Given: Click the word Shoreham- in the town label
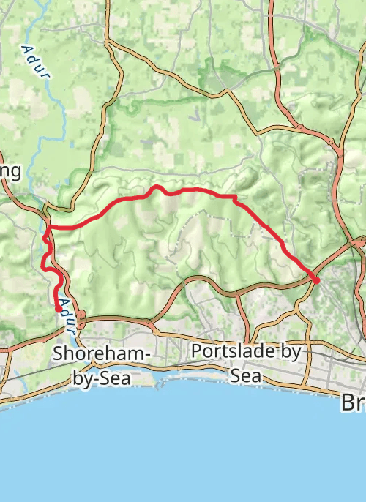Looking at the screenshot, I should point(101,355).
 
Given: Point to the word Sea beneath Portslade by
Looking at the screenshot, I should point(244,375).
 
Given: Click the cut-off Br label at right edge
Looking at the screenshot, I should point(354,402).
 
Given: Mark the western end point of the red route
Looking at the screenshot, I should point(58,311).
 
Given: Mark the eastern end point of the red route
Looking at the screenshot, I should point(317,280).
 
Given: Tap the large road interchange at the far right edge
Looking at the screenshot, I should point(357,241).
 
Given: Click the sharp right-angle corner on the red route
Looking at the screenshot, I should point(234,197).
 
